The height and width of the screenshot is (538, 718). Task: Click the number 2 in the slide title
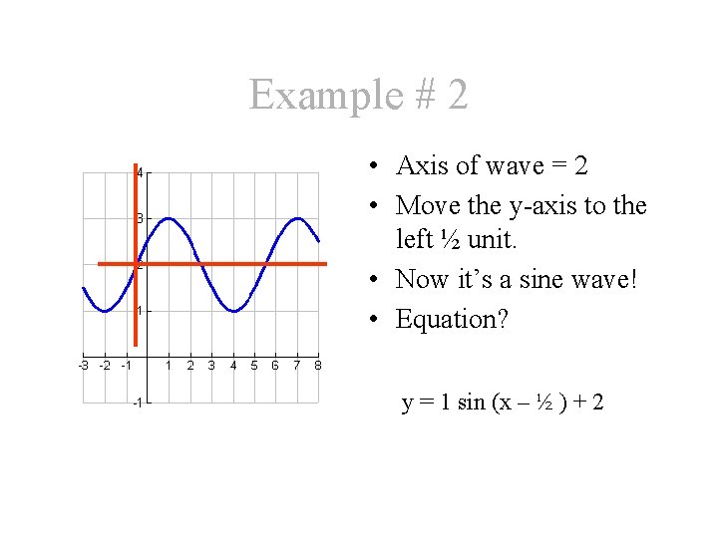(x=457, y=96)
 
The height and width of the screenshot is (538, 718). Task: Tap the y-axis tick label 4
(x=141, y=173)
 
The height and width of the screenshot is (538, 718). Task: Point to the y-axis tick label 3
(x=141, y=218)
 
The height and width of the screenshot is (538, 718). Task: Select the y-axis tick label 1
(x=141, y=311)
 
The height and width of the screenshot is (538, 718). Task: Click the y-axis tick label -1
(x=139, y=403)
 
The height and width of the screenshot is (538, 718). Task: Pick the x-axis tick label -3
(x=84, y=366)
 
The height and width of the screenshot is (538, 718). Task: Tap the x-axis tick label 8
(x=317, y=366)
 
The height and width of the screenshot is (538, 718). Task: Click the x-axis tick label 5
(x=254, y=366)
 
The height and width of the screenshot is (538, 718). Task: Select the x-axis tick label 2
(x=190, y=366)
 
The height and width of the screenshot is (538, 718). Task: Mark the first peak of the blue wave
(x=169, y=218)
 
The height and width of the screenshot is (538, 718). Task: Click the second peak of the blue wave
(x=297, y=218)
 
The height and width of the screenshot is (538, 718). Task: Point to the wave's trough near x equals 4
(x=233, y=311)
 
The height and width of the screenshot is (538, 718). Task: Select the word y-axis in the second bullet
(x=543, y=205)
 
